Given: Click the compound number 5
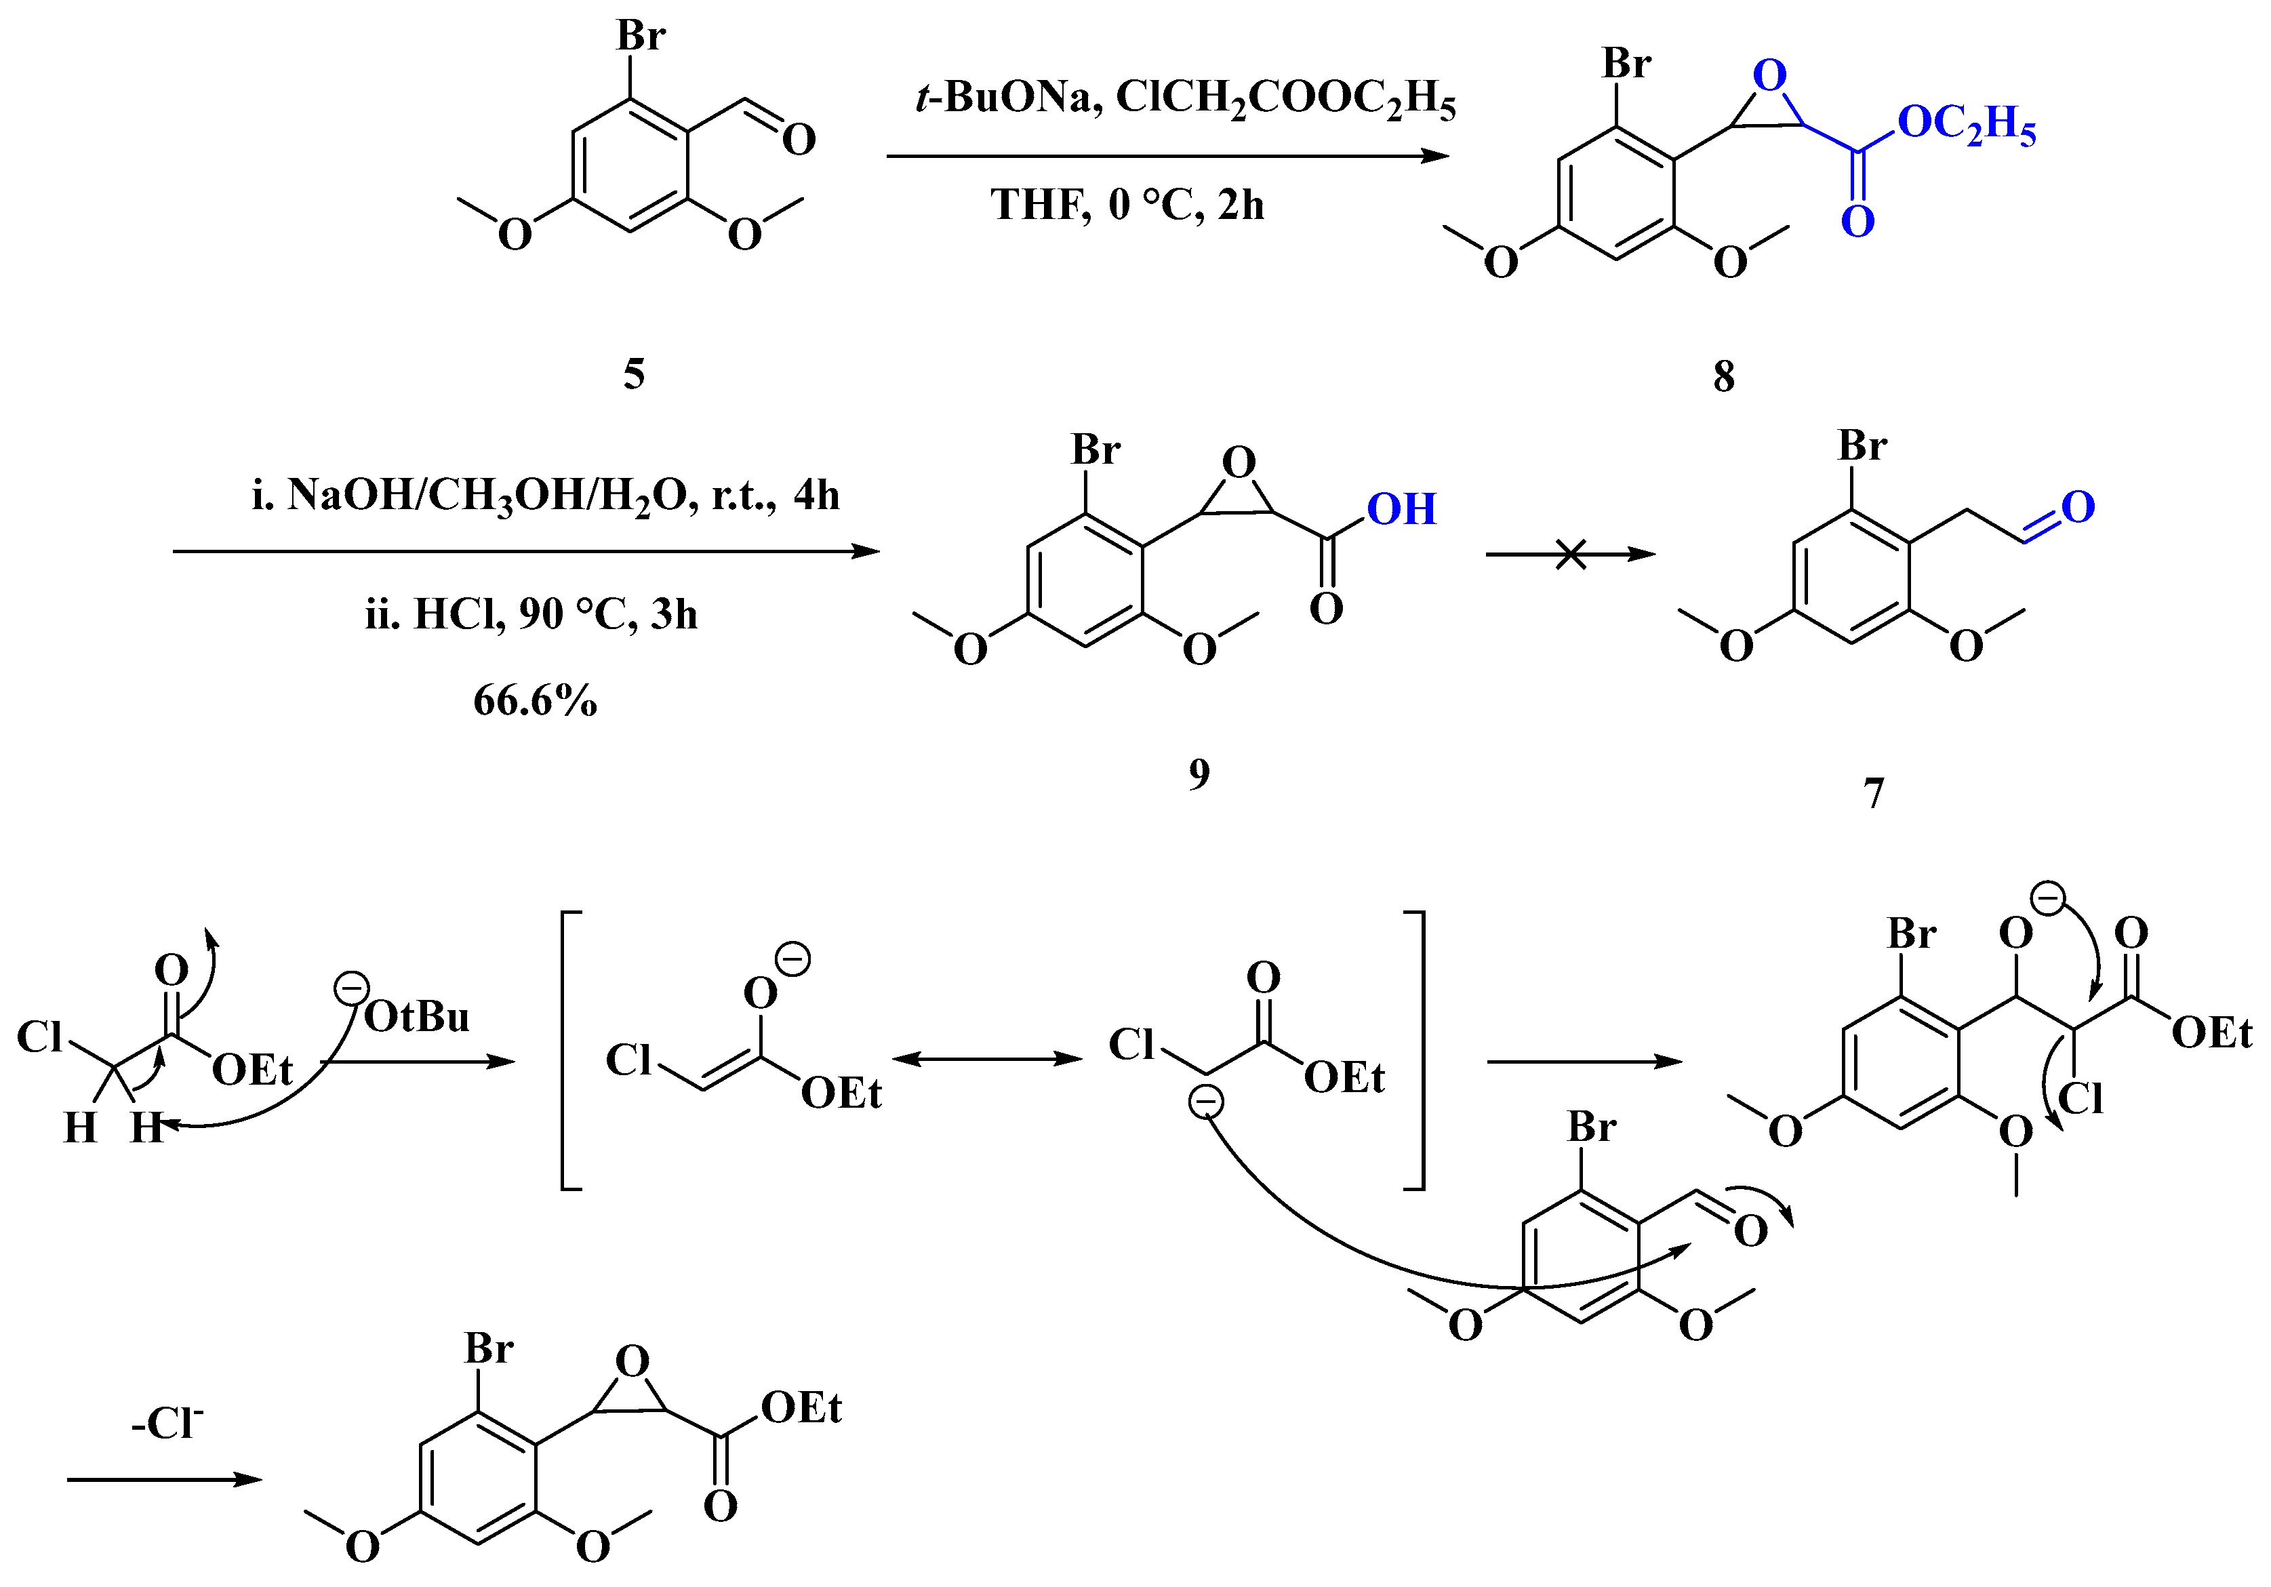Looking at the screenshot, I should pos(634,374).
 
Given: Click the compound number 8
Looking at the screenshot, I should pos(1723,376).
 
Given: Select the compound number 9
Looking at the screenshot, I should pos(1199,774).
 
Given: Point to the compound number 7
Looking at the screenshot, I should pos(1873,792).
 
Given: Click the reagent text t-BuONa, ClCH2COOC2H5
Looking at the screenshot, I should pos(1186,100).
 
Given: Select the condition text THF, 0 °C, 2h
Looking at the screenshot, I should pos(1127,205).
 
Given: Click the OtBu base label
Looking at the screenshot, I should pos(416,1017).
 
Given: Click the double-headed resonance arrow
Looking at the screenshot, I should pos(987,1060).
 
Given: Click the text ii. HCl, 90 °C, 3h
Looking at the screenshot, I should pos(531,614).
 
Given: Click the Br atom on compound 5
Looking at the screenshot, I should pos(641,36).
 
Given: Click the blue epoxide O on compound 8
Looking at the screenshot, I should pos(1769,75).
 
